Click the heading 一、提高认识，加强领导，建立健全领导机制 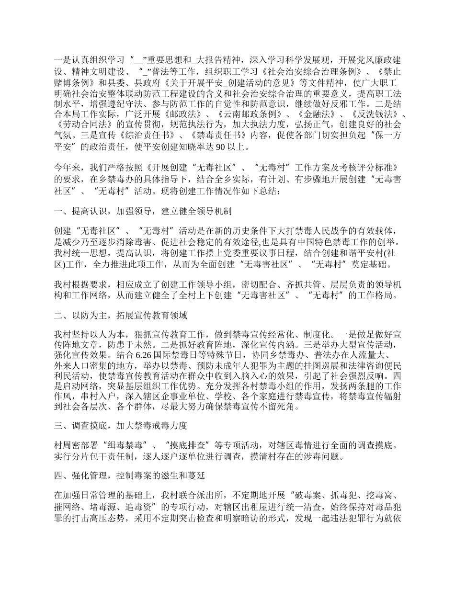pyautogui.click(x=143, y=211)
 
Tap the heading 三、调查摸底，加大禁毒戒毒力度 pyautogui.click(x=120, y=424)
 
